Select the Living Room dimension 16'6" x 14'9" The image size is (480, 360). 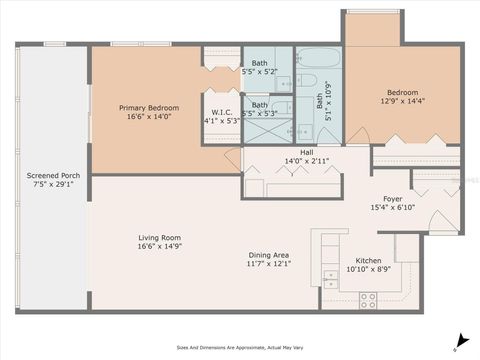pos(159,246)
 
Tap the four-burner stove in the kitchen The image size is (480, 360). pos(367,297)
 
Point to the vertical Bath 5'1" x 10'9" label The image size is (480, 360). pos(321,101)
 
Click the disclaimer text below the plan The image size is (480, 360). pos(240,348)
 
